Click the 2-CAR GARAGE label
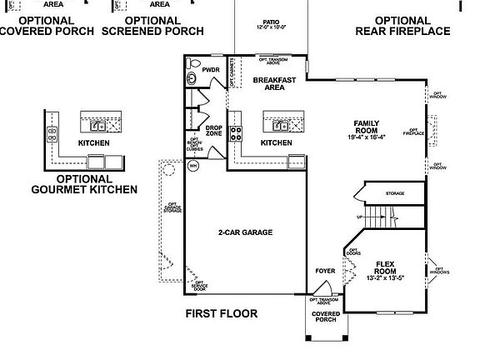tap(246, 232)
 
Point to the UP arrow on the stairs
tap(362, 217)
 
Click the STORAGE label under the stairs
tap(394, 193)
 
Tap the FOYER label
tap(324, 272)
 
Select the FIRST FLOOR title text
tap(221, 314)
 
